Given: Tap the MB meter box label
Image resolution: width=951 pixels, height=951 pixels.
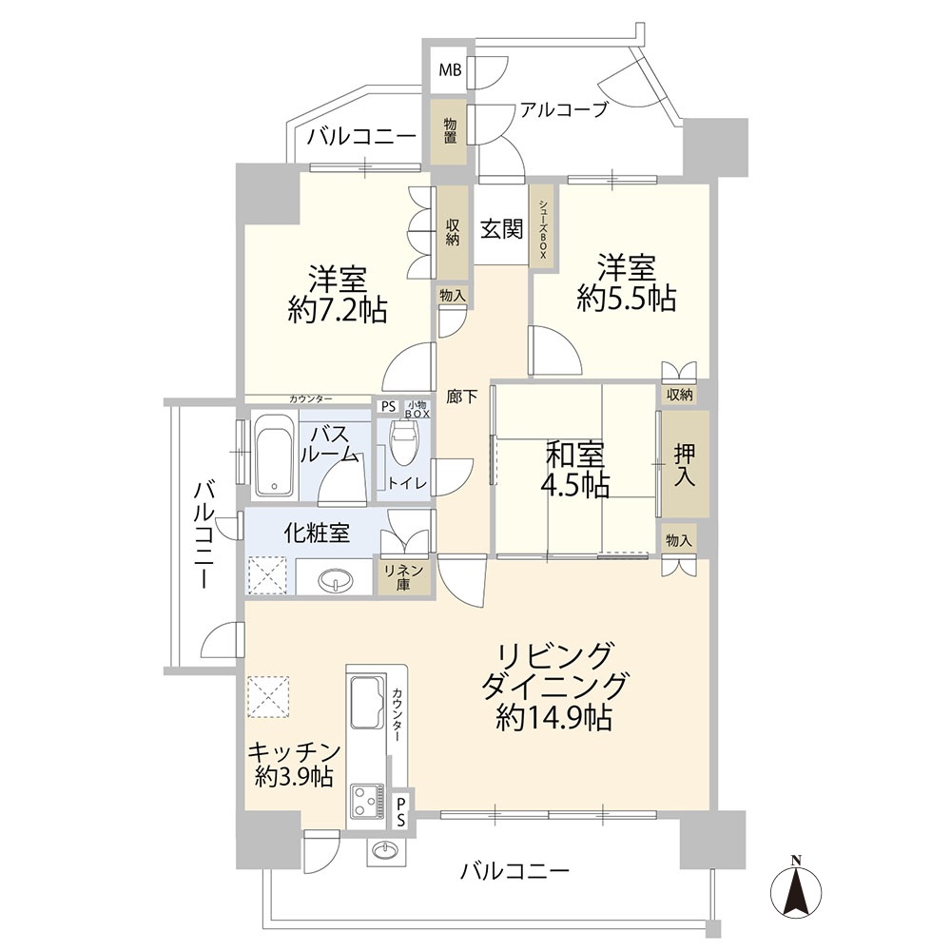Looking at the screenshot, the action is pyautogui.click(x=450, y=70).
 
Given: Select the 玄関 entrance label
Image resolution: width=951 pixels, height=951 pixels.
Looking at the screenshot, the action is pyautogui.click(x=501, y=228).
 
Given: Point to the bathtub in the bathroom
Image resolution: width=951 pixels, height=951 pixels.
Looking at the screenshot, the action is pyautogui.click(x=274, y=455).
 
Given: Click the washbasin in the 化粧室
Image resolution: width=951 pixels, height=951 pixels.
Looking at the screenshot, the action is pyautogui.click(x=333, y=581).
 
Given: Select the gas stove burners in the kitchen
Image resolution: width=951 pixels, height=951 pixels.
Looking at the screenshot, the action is pyautogui.click(x=367, y=801).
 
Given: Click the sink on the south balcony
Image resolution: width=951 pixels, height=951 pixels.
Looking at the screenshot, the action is pyautogui.click(x=383, y=851).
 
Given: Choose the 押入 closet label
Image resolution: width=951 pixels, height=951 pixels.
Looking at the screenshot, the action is pyautogui.click(x=685, y=465).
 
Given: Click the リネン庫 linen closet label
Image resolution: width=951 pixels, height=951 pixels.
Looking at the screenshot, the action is pyautogui.click(x=403, y=577).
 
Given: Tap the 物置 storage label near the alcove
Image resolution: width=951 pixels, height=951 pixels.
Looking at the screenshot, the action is pyautogui.click(x=450, y=130).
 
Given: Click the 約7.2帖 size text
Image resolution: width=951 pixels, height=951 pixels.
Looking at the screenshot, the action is pyautogui.click(x=338, y=311).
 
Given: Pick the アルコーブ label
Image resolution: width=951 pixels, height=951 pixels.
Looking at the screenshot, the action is pyautogui.click(x=563, y=109).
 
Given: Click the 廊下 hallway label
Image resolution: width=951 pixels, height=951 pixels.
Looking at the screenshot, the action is pyautogui.click(x=462, y=398).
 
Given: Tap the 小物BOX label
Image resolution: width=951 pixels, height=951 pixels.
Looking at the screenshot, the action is pyautogui.click(x=417, y=408).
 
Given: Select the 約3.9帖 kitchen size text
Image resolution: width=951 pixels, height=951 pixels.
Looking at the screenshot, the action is pyautogui.click(x=294, y=777).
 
